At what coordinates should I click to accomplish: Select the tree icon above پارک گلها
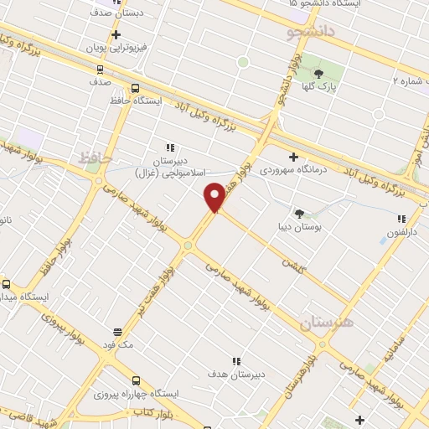click(318, 74)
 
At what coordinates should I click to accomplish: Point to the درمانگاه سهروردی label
click(293, 170)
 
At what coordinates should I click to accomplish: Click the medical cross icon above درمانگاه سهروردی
click(293, 157)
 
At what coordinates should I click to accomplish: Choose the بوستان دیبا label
click(299, 227)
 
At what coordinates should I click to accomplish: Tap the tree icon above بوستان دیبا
click(299, 214)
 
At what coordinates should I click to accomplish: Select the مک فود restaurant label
click(116, 344)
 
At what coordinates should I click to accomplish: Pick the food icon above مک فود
click(116, 332)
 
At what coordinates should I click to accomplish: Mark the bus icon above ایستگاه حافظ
click(136, 87)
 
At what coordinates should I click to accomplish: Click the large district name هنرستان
click(326, 321)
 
